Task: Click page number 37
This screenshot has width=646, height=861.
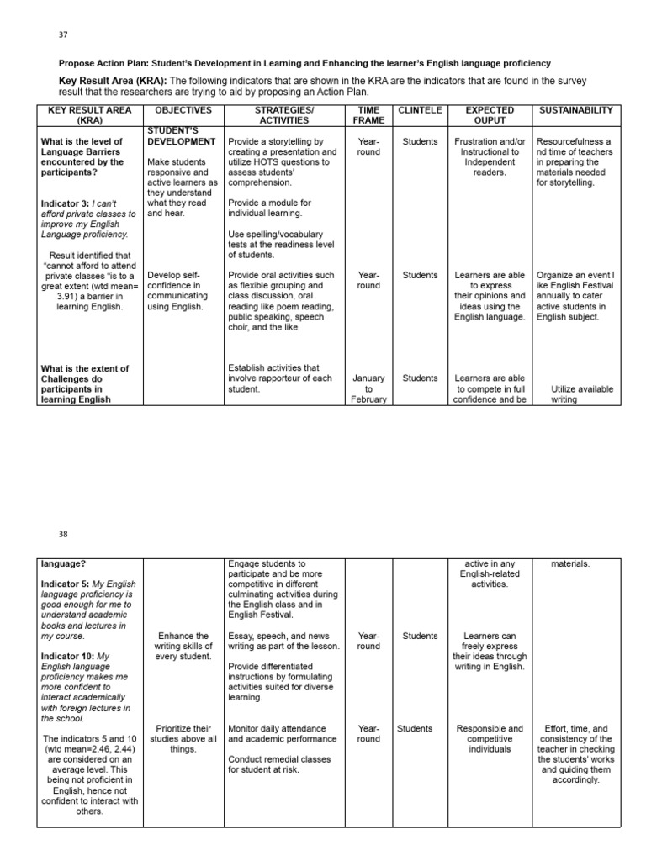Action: pyautogui.click(x=63, y=34)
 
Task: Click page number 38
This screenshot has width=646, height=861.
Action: pyautogui.click(x=63, y=533)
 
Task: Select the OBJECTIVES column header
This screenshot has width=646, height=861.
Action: pyautogui.click(x=179, y=110)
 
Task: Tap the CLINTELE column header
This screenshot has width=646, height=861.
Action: pyautogui.click(x=419, y=110)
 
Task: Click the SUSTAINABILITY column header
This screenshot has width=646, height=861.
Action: pyautogui.click(x=576, y=110)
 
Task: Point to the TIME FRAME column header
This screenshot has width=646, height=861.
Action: pyautogui.click(x=368, y=115)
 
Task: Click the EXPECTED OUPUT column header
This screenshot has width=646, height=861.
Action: pyautogui.click(x=490, y=115)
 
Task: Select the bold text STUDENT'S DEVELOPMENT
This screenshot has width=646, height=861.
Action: pyautogui.click(x=182, y=136)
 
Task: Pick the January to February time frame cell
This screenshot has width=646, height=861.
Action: pyautogui.click(x=368, y=388)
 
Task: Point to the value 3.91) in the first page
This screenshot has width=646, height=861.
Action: pyautogui.click(x=70, y=297)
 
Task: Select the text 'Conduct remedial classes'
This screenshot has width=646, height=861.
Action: pyautogui.click(x=279, y=759)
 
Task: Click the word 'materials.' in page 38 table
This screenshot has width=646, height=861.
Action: pyautogui.click(x=570, y=564)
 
